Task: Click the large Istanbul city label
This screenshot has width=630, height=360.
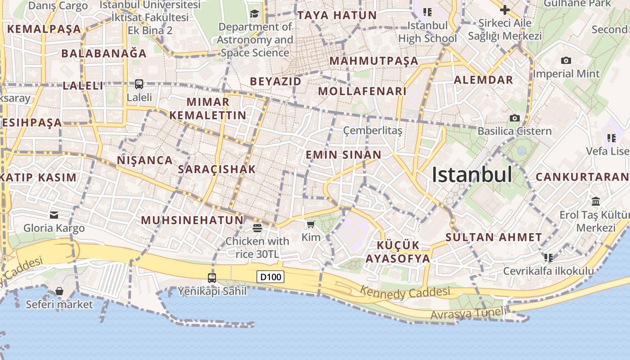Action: tap(472, 175)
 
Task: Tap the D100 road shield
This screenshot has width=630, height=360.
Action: tap(270, 276)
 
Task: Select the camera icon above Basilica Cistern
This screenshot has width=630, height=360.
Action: tap(514, 118)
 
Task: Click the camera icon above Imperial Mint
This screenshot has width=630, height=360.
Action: tap(566, 61)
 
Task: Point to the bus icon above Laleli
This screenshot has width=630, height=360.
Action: tap(139, 84)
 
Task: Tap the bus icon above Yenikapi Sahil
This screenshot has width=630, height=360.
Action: tap(212, 278)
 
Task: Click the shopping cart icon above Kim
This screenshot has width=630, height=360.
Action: tap(310, 224)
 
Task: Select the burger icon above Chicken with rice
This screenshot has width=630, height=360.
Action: tap(257, 228)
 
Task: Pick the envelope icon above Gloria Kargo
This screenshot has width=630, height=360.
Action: tap(54, 215)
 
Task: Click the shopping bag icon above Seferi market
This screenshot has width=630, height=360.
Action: tap(59, 291)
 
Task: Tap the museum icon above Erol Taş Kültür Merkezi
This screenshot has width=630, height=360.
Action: tap(596, 201)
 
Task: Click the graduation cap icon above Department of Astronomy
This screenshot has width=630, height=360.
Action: tap(254, 13)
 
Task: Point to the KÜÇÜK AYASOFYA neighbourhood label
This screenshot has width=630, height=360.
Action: tap(397, 252)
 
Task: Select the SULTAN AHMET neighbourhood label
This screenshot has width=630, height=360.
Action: tap(494, 237)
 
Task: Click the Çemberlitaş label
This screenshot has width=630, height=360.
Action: tap(373, 130)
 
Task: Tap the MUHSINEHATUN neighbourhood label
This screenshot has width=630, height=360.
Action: tap(192, 220)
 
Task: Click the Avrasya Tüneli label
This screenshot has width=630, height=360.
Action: tap(468, 313)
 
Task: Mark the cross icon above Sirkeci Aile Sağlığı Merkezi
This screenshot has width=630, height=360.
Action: tap(505, 9)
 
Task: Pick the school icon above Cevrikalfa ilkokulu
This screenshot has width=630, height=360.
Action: tap(548, 258)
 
